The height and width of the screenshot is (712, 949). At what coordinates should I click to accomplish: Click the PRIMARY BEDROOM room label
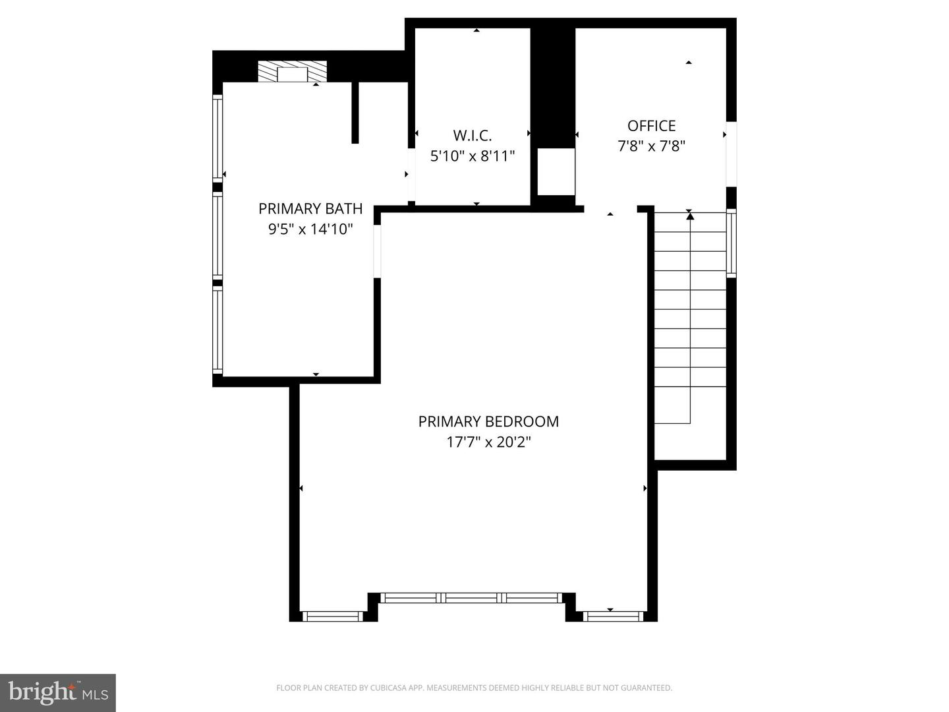[488, 421]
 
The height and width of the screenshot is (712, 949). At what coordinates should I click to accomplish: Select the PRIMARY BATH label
[310, 208]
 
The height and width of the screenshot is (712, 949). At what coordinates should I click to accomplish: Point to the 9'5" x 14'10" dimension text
[310, 229]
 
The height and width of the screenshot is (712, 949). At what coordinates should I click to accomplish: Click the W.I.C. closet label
[472, 135]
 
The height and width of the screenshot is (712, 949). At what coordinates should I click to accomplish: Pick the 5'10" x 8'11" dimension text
[472, 156]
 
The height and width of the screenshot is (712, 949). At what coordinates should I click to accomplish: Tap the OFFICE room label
[651, 125]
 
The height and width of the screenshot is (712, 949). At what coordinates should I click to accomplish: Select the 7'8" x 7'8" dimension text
[651, 146]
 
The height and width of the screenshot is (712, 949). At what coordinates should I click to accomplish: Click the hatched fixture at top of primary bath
[292, 72]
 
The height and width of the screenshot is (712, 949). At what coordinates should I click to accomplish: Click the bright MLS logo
[58, 692]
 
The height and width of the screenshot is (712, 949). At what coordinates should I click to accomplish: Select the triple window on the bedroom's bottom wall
[471, 598]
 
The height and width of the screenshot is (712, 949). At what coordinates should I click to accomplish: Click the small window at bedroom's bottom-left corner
[333, 616]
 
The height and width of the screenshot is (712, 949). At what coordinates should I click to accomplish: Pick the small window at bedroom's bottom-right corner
[612, 616]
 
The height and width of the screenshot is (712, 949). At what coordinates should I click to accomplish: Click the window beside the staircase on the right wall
[731, 242]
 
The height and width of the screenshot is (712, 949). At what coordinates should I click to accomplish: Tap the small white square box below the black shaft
[556, 172]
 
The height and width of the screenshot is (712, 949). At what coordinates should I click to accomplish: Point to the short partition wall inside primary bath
[355, 112]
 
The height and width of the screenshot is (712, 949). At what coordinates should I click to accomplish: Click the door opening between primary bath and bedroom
[378, 251]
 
